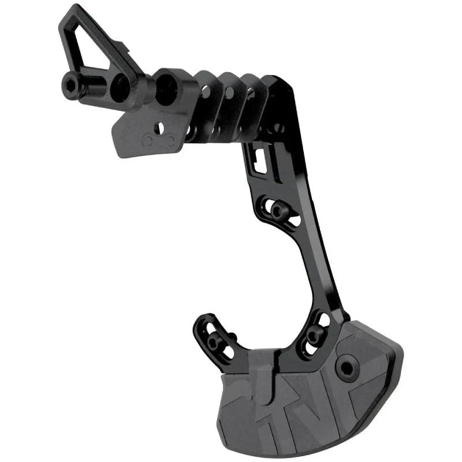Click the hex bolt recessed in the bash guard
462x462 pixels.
(348, 367)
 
